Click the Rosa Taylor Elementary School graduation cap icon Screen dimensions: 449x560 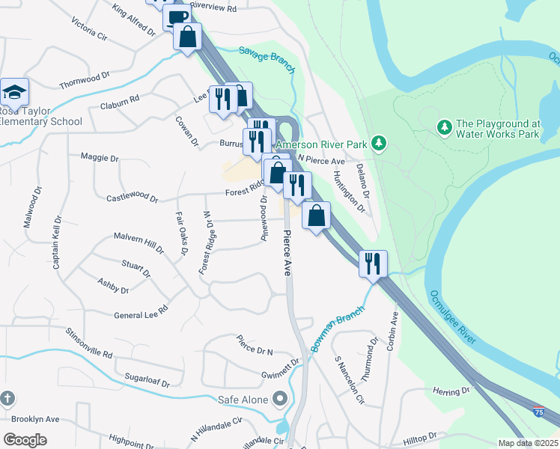click(14, 92)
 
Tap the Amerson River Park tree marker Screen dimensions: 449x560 click(379, 141)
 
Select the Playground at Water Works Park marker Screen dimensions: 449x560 click(444, 127)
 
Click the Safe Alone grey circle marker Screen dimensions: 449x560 click(280, 397)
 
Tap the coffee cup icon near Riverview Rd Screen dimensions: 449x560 click(177, 18)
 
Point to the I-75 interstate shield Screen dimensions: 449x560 click(538, 412)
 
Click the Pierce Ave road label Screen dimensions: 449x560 click(286, 254)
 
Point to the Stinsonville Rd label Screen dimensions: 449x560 click(88, 342)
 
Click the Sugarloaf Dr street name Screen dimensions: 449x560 click(148, 382)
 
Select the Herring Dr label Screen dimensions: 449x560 click(452, 391)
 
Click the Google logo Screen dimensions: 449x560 click(25, 440)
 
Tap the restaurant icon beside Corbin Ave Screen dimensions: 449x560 click(372, 263)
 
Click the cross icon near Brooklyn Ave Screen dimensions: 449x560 click(7, 397)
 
